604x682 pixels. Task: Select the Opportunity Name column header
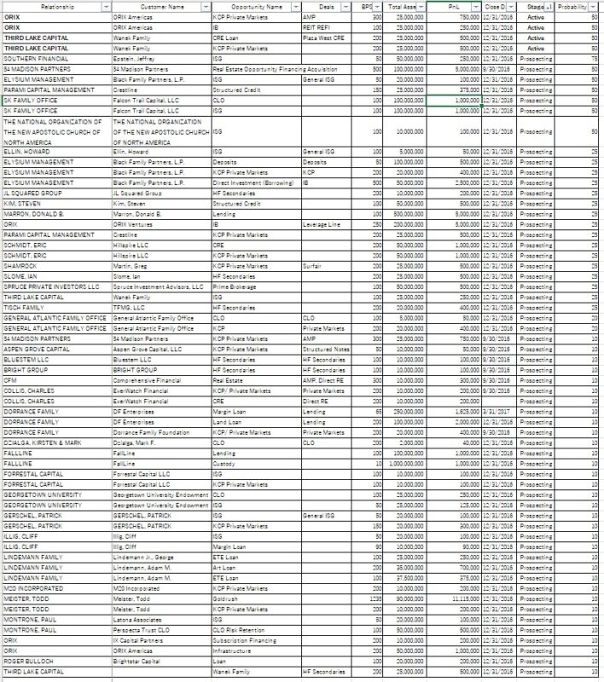point(247,6)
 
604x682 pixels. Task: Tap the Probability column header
point(574,6)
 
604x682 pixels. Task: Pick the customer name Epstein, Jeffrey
point(136,59)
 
